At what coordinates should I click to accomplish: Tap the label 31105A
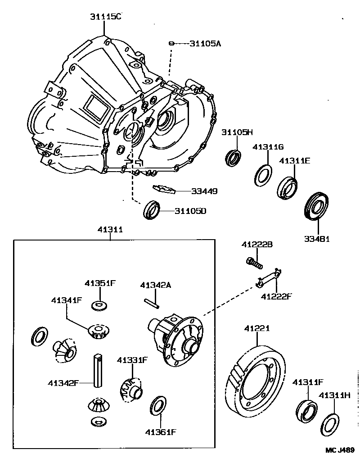[205, 43]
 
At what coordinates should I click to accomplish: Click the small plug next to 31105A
[171, 43]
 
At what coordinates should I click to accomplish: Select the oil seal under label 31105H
[233, 156]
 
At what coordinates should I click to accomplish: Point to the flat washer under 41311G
[263, 175]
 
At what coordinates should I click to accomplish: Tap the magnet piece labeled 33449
[164, 189]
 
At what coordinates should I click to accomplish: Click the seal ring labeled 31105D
[151, 210]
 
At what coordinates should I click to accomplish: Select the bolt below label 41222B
[254, 262]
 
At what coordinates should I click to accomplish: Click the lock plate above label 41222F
[269, 278]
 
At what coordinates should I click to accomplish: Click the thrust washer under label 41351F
[99, 306]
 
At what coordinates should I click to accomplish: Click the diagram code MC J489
[340, 450]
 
